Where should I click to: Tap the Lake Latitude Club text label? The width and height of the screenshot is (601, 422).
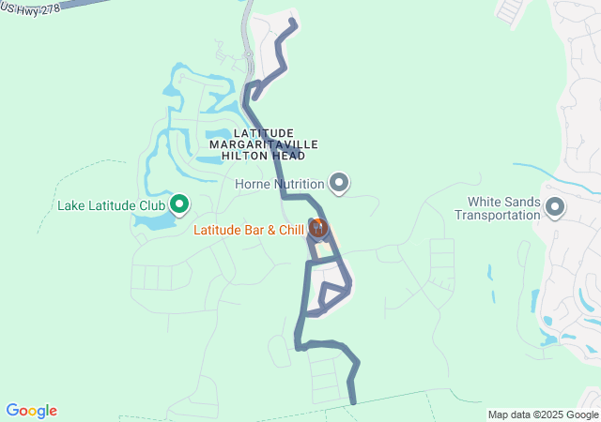111,205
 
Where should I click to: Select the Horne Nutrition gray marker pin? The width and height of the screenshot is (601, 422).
340,183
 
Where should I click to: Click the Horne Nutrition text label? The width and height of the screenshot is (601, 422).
280,184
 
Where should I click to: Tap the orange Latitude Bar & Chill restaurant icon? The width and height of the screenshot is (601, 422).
317,228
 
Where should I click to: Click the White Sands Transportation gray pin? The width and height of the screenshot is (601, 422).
554,206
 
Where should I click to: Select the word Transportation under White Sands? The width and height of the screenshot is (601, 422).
498,214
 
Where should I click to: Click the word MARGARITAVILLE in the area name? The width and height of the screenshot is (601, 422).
264,145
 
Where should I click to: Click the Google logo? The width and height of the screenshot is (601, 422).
31,411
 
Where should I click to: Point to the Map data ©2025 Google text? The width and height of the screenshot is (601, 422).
543,414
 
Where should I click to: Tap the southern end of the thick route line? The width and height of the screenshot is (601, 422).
353,401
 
